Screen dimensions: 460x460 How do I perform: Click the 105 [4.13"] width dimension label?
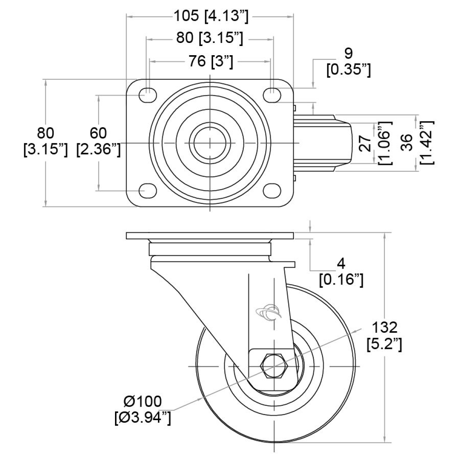click(x=211, y=16)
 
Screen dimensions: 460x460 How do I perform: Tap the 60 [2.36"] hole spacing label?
click(x=99, y=141)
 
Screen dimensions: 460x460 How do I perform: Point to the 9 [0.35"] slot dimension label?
click(x=348, y=61)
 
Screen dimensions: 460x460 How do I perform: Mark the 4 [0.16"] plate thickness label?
click(x=341, y=271)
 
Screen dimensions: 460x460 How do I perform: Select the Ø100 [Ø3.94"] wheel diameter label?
click(x=143, y=409)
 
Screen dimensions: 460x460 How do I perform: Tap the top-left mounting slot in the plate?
click(x=148, y=95)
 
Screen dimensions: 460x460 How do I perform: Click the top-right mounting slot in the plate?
click(x=273, y=95)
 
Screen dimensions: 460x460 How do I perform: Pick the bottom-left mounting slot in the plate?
click(x=148, y=190)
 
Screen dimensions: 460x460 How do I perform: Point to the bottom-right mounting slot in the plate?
click(x=273, y=190)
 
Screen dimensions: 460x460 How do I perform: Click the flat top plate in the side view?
click(x=210, y=236)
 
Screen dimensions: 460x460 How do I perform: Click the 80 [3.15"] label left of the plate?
click(x=45, y=141)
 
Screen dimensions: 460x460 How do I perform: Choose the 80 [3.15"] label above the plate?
click(x=210, y=38)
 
